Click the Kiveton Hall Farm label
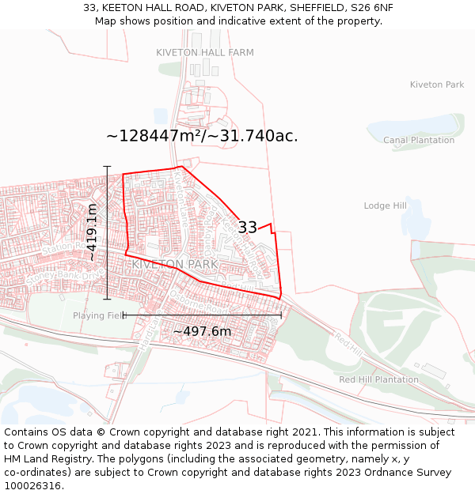coord(205,52)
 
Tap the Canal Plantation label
coord(419,140)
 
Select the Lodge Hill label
coord(385,206)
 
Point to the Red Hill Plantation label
coord(378,379)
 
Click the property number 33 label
coord(247,227)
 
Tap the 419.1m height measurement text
coord(92,232)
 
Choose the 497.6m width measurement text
coord(202,331)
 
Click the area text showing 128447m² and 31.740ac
coord(202,135)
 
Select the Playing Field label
coord(98,315)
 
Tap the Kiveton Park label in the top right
coord(437,85)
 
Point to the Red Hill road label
coord(348,342)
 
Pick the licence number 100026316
coord(33,486)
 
